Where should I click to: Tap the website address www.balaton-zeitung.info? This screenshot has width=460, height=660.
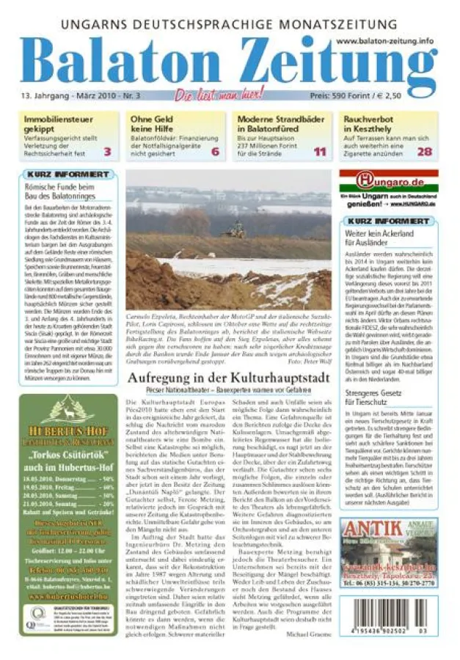coord(386,42)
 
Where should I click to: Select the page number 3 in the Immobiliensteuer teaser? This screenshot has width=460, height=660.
coord(107,153)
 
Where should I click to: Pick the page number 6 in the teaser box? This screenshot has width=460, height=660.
coord(215,153)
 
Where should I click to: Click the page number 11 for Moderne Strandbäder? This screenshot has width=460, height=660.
coord(320,153)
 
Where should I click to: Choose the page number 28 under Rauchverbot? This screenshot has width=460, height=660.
coord(425,153)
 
